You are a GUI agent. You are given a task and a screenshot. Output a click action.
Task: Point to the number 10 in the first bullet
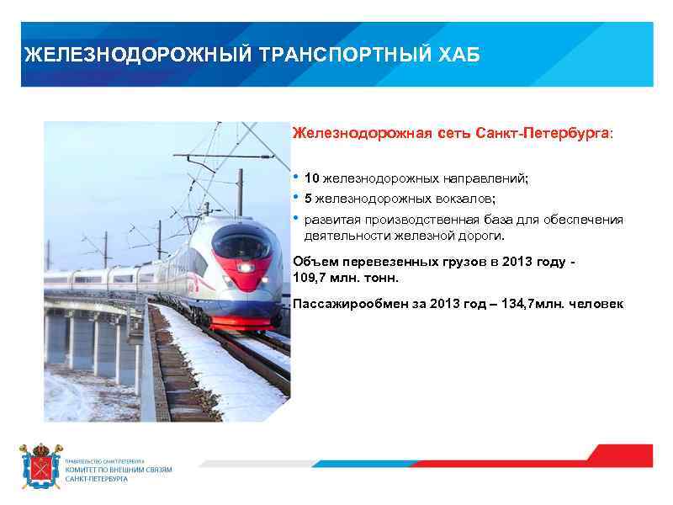pyautogui.click(x=311, y=178)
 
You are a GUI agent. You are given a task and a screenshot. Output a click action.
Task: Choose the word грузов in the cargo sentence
pyautogui.click(x=451, y=262)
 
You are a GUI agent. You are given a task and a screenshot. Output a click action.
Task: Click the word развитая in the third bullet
pyautogui.click(x=330, y=220)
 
